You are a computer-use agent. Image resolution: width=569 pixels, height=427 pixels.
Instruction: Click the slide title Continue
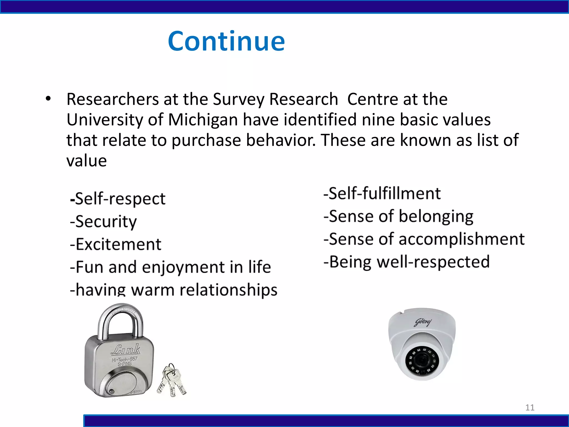tap(226, 41)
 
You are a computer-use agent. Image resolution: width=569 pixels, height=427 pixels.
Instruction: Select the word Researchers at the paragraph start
tap(113, 99)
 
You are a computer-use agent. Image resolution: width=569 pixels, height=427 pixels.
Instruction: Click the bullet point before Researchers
tap(48, 99)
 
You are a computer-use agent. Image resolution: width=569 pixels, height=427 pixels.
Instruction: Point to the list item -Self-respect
tap(118, 199)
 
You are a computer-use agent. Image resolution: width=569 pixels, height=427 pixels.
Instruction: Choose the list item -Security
tap(103, 222)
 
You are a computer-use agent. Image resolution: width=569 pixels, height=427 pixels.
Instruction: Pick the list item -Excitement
tap(116, 244)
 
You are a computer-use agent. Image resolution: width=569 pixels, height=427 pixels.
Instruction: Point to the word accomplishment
tap(461, 239)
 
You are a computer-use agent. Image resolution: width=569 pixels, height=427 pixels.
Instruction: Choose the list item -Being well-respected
tap(406, 262)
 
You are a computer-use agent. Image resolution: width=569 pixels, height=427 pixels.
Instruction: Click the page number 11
tap(530, 408)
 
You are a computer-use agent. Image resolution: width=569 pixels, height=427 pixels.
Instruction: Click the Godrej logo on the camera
tap(423, 322)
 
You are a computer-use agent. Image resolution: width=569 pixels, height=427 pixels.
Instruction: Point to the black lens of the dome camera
tap(422, 361)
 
